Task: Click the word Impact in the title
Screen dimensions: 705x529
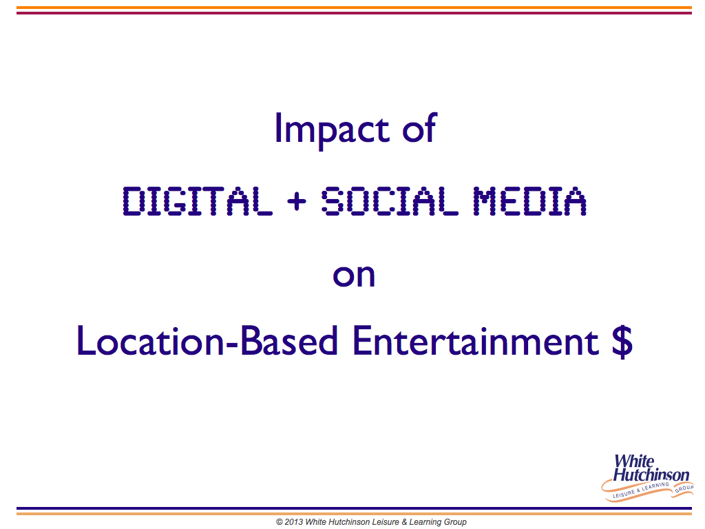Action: coord(332,129)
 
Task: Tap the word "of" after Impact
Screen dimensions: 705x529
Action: coord(419,127)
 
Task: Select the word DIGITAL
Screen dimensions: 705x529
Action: coord(198,200)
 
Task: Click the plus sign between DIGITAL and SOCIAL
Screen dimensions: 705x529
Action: coord(297,200)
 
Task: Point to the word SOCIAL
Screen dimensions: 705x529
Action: coord(390,200)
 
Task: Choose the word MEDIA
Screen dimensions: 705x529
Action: coord(529,200)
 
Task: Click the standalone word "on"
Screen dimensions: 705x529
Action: coord(354,276)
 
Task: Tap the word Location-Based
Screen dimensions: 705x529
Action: coord(207,340)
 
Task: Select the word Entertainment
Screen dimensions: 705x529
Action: coord(476,340)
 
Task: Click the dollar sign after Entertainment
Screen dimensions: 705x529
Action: coord(622,341)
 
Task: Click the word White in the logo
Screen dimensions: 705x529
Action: coord(634,461)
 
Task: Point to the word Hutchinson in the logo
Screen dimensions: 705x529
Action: coord(651,475)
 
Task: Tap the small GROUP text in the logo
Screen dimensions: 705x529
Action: coord(684,488)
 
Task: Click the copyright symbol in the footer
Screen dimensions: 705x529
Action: coord(280,522)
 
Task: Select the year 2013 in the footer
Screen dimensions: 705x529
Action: coord(293,522)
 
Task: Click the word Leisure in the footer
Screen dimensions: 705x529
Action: coord(386,522)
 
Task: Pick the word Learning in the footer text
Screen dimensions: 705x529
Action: coord(424,523)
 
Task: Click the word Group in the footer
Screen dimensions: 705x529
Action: coord(454,523)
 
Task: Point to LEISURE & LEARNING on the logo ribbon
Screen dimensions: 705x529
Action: coord(641,490)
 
